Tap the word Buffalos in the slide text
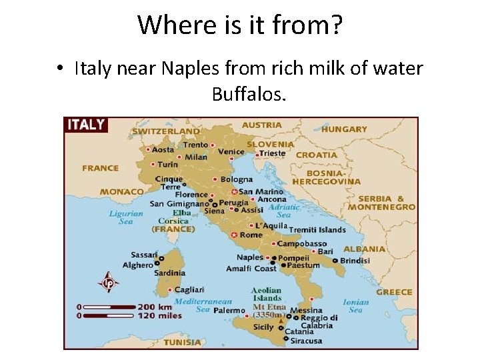click(x=249, y=94)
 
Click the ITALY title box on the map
click(x=85, y=124)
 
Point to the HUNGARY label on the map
click(x=344, y=129)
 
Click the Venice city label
click(x=231, y=151)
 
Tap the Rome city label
click(x=251, y=235)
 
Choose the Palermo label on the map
click(x=229, y=311)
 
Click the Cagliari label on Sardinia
click(x=189, y=289)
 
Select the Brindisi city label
click(x=355, y=261)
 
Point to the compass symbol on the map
click(x=107, y=282)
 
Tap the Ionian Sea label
click(x=355, y=305)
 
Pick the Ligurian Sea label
click(x=126, y=218)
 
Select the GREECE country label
click(x=394, y=292)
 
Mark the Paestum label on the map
click(x=304, y=265)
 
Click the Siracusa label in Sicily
click(x=305, y=341)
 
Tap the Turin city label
click(x=167, y=164)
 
